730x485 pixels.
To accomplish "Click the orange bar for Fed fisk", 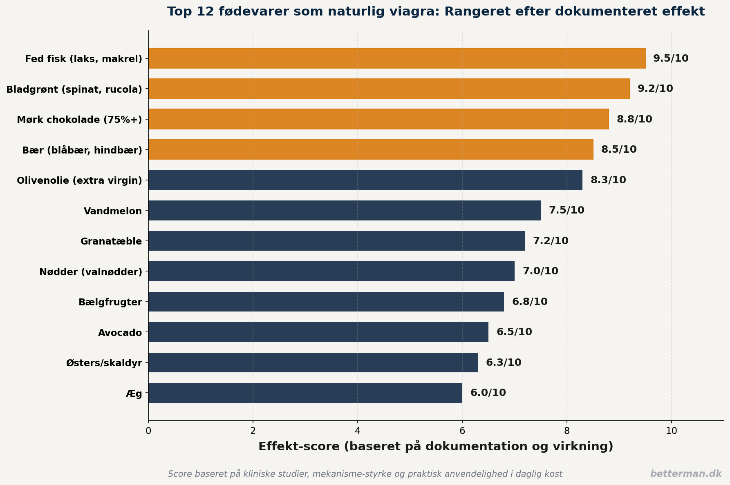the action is click(397, 58).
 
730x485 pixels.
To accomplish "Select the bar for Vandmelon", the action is click(345, 211).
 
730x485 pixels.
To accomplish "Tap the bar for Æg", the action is click(305, 393).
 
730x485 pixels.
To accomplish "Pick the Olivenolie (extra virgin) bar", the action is click(365, 180).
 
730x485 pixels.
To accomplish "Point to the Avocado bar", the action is click(318, 332).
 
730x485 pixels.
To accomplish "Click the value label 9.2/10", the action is click(655, 89).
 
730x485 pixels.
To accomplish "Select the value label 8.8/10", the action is click(634, 119).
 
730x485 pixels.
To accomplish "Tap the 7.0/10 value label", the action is click(540, 271).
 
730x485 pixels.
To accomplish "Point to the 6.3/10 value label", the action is click(504, 363).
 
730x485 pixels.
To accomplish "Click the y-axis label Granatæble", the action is click(111, 241).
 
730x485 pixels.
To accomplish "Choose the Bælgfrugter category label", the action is click(110, 303).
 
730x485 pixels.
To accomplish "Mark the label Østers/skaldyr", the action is click(104, 363).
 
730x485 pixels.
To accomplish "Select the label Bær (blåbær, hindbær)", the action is click(82, 150).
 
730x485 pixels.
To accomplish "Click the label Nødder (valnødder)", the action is click(91, 272).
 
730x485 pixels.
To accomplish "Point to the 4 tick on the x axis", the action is click(358, 431).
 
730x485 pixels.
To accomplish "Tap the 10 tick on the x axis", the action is click(672, 431).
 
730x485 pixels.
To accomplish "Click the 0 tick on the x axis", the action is click(148, 431).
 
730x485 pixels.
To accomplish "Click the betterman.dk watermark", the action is click(686, 474).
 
